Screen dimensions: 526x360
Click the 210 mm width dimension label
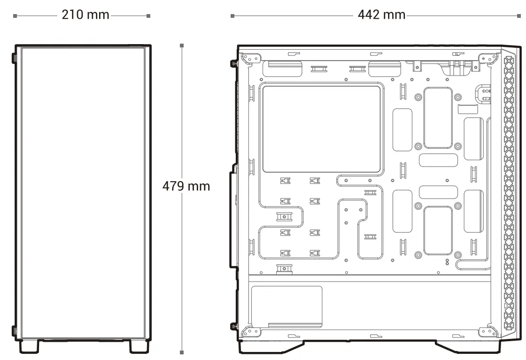pos(85,15)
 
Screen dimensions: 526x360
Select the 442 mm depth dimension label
pos(381,15)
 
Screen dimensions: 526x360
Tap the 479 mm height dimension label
pos(186,186)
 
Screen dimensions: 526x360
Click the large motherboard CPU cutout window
pos(322,129)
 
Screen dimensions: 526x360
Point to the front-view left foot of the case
pos(29,346)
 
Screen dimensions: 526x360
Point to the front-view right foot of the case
pos(139,346)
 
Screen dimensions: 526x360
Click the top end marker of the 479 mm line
pos(182,45)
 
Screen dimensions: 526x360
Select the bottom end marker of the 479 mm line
pos(182,352)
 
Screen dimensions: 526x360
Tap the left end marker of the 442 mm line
pos(232,16)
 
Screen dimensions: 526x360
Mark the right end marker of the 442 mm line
pos(519,16)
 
